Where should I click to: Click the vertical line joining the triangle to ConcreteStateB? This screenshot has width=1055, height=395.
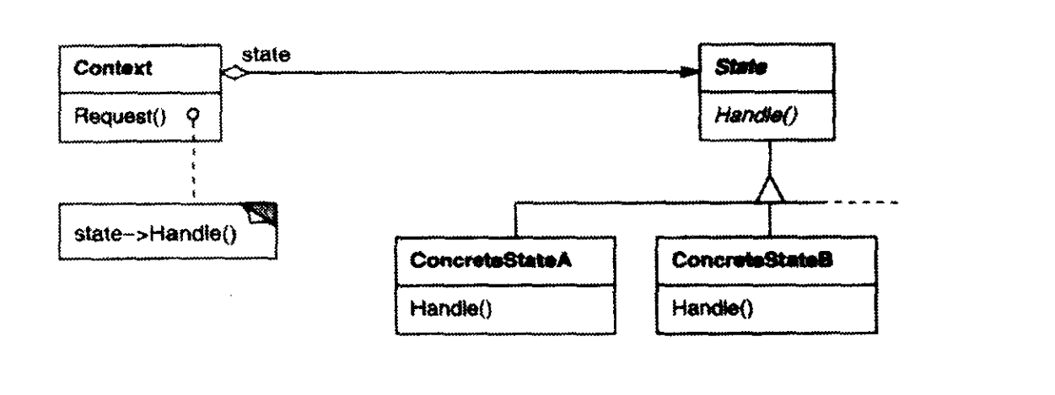(770, 220)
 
